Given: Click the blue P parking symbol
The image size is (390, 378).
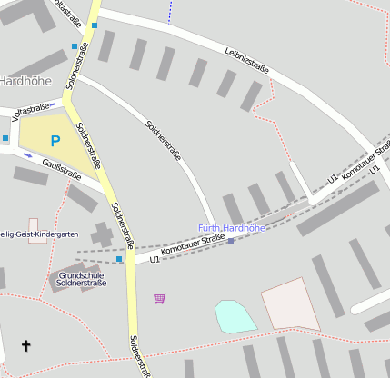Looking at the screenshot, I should coord(55,141).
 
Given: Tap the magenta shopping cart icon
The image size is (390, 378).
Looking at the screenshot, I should coord(160,297).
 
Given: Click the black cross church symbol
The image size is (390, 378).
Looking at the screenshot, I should coord(25,345).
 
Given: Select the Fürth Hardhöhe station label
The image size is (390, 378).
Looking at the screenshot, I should coord(232,228).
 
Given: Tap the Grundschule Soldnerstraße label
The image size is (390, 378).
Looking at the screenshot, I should coord(82,279).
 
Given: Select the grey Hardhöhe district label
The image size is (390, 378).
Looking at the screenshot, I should coord(25,81).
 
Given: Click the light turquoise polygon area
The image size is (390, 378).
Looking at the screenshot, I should coord(235,315).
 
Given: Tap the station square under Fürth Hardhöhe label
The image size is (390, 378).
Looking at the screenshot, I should coord(231,241).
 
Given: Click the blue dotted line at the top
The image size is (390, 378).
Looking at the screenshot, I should coord(169,11).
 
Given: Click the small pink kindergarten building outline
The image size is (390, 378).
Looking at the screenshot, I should coord(33,224).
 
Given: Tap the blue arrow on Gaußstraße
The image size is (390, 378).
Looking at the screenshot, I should coord(27,155).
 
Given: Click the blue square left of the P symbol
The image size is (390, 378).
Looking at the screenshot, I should coord(5,138).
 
